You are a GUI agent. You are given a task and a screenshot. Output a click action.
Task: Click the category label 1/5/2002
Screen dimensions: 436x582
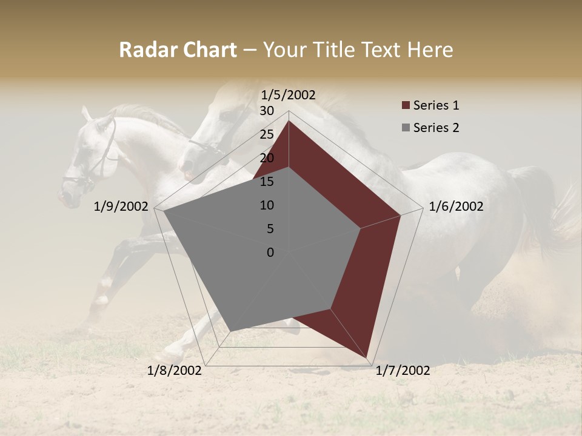[x=288, y=94]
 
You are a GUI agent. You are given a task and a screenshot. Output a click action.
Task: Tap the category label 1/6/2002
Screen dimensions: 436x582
[x=456, y=206]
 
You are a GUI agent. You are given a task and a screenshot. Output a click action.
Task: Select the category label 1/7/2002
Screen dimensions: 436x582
[x=403, y=371]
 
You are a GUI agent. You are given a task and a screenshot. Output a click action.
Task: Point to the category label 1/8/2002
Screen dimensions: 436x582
[x=175, y=371]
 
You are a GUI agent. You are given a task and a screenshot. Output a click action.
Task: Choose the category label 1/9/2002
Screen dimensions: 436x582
[x=121, y=206]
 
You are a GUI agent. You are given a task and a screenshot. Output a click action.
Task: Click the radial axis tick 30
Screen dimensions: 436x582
[x=267, y=111]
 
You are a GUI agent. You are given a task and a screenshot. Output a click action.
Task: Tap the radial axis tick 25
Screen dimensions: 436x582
[x=267, y=134]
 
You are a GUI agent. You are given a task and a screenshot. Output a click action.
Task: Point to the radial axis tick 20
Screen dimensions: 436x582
[x=267, y=158]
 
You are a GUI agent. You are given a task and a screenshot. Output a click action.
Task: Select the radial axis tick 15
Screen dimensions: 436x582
[x=267, y=182]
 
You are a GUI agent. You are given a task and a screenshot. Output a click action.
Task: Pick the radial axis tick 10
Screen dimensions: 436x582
[x=267, y=205]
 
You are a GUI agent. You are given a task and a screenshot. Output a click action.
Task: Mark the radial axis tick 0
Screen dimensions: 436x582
[x=270, y=253]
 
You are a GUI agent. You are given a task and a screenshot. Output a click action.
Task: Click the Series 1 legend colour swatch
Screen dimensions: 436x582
[x=406, y=106]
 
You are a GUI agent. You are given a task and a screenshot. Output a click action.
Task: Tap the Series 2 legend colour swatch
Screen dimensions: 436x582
[x=406, y=128]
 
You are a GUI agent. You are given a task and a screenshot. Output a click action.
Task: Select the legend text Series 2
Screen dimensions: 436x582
[x=436, y=128]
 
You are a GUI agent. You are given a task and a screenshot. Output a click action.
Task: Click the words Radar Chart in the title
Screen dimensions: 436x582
[x=178, y=50]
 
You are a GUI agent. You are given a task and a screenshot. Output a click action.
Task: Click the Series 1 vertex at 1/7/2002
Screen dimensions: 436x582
[x=367, y=357]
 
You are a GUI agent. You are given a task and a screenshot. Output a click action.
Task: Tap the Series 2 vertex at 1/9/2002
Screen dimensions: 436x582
[x=164, y=211]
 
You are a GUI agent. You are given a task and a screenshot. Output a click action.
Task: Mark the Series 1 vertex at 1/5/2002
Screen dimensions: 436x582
[x=289, y=121]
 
